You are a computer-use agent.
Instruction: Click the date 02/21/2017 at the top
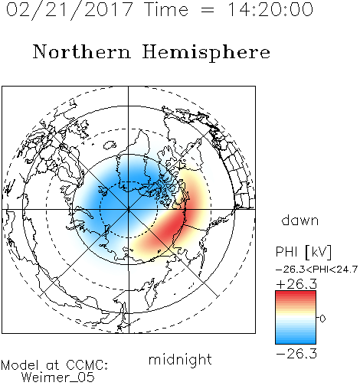[70, 10]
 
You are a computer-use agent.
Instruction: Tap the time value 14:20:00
[270, 9]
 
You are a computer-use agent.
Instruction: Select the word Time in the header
[166, 9]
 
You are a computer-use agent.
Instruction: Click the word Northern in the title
[82, 51]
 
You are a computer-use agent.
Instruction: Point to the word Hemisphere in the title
[206, 53]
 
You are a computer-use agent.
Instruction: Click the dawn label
[300, 221]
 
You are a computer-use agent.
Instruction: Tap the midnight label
[180, 359]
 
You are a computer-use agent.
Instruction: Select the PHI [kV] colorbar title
[303, 252]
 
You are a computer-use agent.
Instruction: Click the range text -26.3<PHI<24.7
[316, 270]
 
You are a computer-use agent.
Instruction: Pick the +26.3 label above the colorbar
[296, 284]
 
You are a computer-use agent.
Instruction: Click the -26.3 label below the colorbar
[296, 354]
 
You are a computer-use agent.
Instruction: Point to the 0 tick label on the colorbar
[322, 319]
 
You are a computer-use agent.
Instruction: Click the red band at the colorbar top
[296, 294]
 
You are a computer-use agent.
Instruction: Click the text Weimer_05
[58, 378]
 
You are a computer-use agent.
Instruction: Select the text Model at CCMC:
[54, 365]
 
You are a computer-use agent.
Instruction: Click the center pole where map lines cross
[129, 210]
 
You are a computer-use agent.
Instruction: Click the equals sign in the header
[208, 10]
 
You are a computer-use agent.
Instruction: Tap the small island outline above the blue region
[110, 145]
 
